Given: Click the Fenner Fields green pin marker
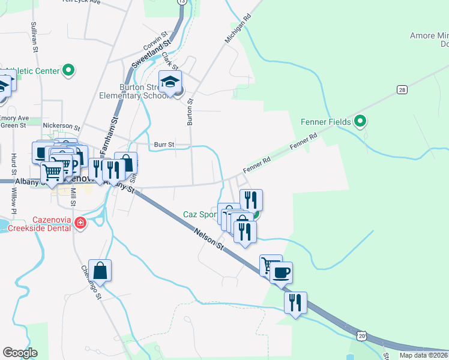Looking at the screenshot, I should (360, 122).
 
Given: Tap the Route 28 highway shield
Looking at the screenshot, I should (402, 89).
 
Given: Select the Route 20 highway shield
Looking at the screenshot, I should (362, 337).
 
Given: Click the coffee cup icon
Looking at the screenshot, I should (281, 273).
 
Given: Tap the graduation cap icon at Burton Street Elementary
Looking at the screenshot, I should (170, 82).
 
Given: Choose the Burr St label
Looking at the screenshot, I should (163, 145).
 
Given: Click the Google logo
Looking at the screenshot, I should (20, 352).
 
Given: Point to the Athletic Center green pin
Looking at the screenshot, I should (68, 70).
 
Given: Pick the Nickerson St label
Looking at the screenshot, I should (61, 127).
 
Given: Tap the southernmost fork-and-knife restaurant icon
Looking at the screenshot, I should (295, 302).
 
